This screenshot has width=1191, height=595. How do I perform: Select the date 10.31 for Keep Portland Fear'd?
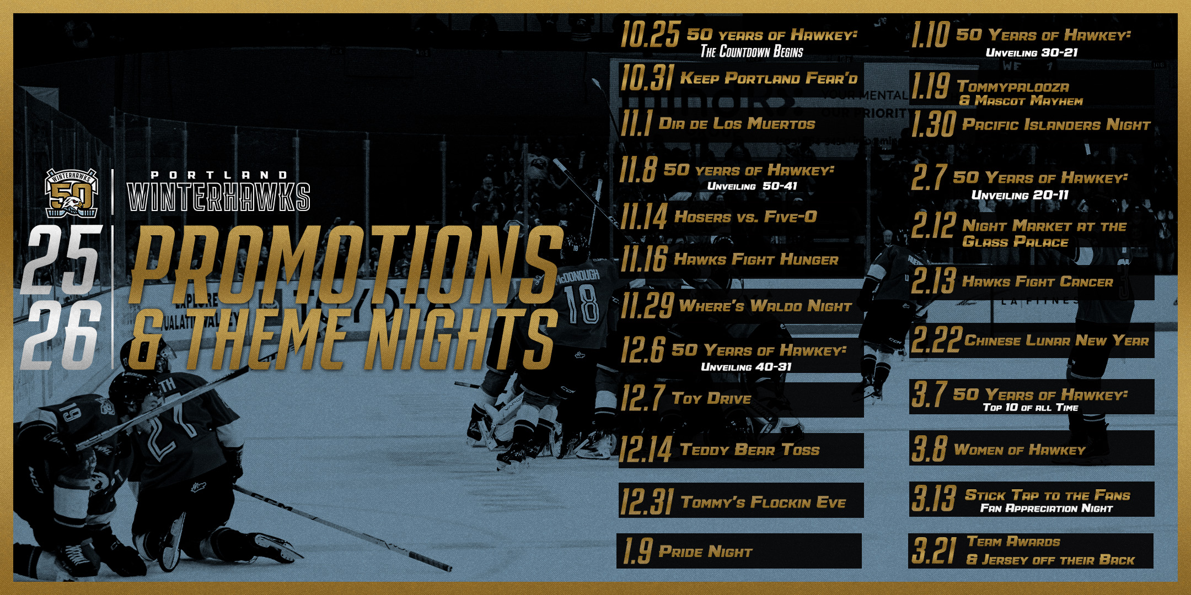[646, 78]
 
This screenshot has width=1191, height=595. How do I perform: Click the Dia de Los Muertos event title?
[737, 123]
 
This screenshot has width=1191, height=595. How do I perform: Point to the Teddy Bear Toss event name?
[750, 450]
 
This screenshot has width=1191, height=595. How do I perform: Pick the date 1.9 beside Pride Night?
[637, 551]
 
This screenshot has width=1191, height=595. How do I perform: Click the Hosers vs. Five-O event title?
[745, 217]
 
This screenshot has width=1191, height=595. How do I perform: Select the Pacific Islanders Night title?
[1056, 125]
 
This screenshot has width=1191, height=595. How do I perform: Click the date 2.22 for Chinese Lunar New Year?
[936, 339]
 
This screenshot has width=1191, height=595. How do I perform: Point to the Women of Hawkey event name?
[1020, 450]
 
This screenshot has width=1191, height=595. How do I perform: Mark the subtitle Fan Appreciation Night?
[1046, 508]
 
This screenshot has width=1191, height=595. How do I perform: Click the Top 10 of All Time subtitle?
[1031, 407]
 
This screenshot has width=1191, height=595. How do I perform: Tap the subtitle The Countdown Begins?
[752, 51]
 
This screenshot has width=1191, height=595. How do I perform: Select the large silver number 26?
[61, 337]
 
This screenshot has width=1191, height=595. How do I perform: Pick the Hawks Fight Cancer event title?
[1037, 282]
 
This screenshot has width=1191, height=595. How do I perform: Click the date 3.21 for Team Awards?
[934, 550]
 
